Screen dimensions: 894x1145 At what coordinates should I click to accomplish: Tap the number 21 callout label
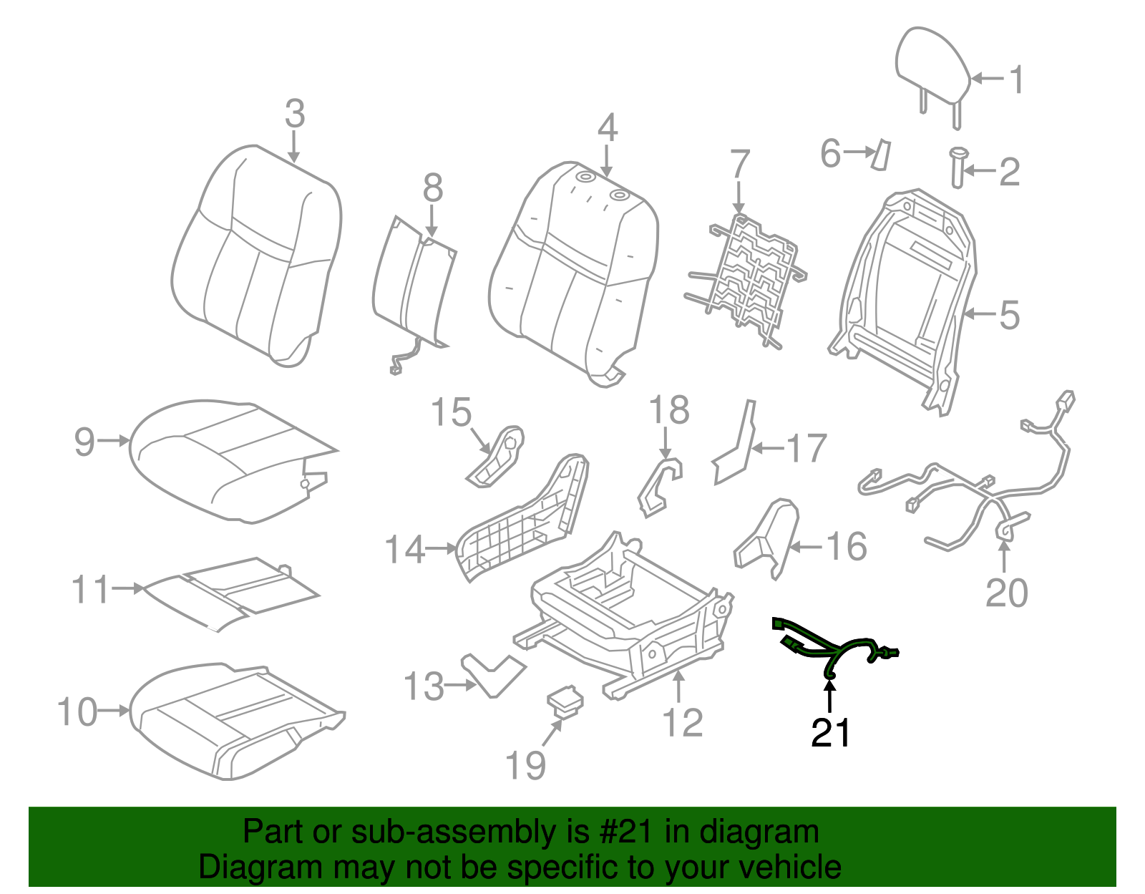pyautogui.click(x=830, y=733)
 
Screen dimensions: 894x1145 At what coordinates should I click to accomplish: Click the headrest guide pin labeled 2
pyautogui.click(x=957, y=167)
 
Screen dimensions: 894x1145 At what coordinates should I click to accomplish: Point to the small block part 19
pyautogui.click(x=565, y=700)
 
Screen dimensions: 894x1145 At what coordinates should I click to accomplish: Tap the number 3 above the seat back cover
pyautogui.click(x=295, y=115)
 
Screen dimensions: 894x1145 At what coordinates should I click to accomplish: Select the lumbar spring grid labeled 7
pyautogui.click(x=748, y=279)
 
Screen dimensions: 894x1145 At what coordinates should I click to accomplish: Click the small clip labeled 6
pyautogui.click(x=880, y=154)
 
